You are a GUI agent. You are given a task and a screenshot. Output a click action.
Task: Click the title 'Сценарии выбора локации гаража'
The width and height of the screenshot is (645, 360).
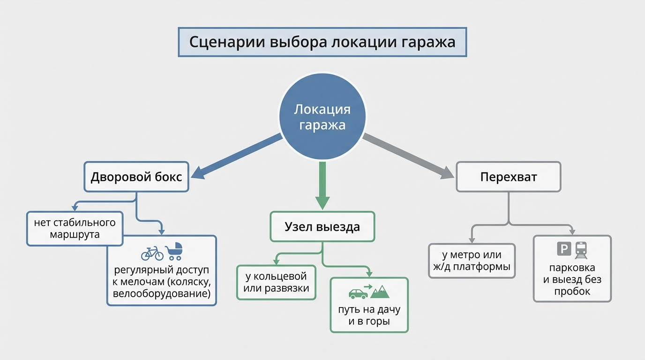[322, 42]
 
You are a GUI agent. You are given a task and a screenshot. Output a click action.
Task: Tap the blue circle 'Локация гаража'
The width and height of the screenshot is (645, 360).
[322, 117]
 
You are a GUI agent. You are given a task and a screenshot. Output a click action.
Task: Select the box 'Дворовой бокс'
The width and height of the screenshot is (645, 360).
[136, 177]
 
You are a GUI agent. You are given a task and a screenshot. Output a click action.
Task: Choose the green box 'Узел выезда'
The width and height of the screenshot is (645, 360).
[322, 227]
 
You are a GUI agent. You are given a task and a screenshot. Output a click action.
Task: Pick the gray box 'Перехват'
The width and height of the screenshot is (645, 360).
[509, 177]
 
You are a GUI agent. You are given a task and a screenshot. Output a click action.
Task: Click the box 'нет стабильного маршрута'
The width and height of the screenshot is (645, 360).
[75, 228]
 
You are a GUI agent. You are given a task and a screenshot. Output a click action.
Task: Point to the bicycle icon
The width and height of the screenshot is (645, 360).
[152, 253]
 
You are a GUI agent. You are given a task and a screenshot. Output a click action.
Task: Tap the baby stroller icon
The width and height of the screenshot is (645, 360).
[174, 251]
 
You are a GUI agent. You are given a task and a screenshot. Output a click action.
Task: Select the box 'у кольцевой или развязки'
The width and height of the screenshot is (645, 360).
[276, 282]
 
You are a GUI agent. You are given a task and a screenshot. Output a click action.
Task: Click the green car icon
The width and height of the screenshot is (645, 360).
[358, 293]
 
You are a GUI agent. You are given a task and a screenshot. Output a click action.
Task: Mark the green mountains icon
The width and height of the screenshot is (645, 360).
[380, 292]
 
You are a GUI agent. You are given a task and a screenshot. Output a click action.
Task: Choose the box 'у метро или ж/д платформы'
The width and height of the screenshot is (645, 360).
[472, 261]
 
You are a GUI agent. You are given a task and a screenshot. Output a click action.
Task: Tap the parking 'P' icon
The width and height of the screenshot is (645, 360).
[563, 248]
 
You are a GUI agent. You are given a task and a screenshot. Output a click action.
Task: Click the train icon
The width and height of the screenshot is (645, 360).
[582, 248]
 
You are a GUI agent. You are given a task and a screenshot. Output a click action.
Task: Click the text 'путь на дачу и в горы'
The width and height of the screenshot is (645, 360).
[369, 316]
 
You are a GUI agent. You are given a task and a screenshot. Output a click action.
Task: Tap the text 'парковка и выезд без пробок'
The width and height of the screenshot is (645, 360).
[572, 279]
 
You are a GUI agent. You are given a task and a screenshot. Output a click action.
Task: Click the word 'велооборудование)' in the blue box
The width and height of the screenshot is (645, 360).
[162, 294]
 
